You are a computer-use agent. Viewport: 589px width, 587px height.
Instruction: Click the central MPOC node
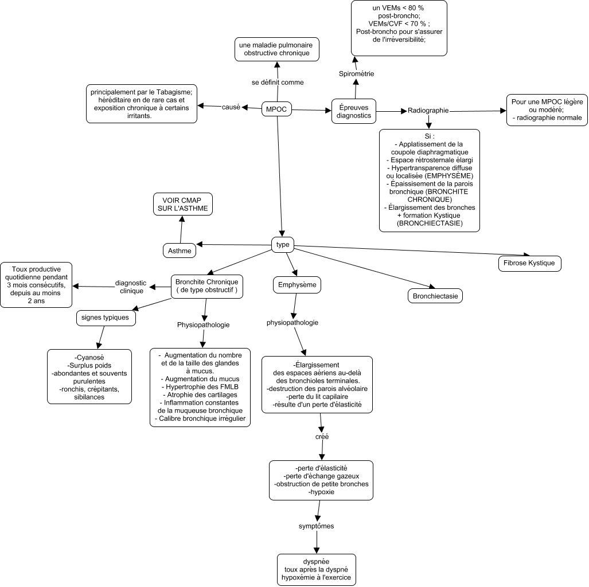[x=276, y=109]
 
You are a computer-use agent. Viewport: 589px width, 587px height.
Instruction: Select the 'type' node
[x=283, y=245]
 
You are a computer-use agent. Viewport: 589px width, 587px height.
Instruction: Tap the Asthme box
[x=180, y=251]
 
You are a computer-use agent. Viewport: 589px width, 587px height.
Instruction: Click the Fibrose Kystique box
[x=530, y=263]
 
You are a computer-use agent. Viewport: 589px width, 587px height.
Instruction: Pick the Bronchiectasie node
[x=435, y=296]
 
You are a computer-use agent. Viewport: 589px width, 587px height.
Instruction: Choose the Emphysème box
[x=297, y=285]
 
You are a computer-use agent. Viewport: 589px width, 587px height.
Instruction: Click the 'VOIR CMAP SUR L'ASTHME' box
[x=183, y=204]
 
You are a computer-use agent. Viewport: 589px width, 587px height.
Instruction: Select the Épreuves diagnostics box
[x=354, y=112]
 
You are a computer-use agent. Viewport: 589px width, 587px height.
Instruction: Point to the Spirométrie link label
[x=357, y=73]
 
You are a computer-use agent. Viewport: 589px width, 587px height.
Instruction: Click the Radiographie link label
[x=428, y=111]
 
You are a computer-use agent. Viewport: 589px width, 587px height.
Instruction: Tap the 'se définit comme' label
[x=278, y=82]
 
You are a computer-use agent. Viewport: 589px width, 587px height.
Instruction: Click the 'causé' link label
[x=231, y=107]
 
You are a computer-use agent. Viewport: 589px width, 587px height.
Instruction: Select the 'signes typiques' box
[x=105, y=318]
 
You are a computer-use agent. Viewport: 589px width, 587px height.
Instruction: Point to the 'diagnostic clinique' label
[x=131, y=287]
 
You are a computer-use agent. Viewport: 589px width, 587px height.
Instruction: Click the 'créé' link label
[x=322, y=437]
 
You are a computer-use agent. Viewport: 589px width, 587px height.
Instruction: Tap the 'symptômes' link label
[x=316, y=526]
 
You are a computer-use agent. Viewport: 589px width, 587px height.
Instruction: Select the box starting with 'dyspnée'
[x=316, y=570]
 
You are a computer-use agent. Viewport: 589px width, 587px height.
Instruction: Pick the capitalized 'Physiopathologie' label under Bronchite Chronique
[x=203, y=325]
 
